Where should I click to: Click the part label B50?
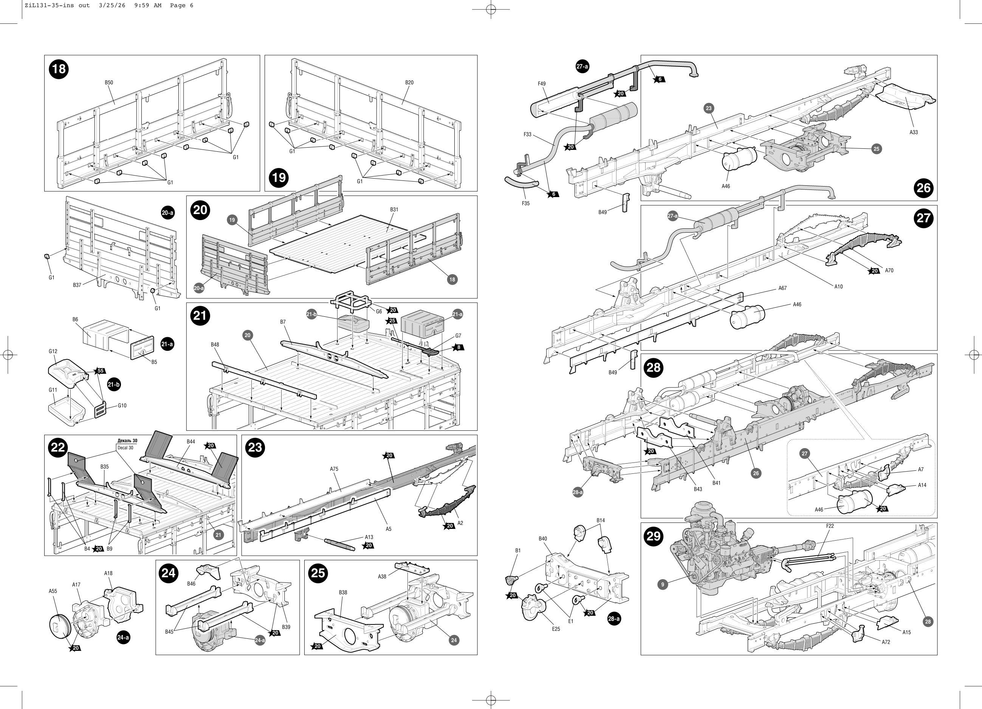point(109,83)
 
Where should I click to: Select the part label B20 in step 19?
point(409,83)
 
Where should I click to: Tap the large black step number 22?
point(58,448)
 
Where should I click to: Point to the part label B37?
point(77,285)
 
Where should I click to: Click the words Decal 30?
point(125,448)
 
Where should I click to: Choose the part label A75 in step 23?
point(334,469)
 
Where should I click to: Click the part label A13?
point(369,537)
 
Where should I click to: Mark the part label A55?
point(53,591)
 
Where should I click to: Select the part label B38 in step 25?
point(343,592)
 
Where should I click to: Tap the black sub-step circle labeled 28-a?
point(614,619)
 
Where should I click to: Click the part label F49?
point(542,84)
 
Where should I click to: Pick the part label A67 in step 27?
point(782,288)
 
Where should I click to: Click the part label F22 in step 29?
point(830,526)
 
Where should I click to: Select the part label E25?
point(556,629)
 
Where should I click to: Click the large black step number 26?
point(923,188)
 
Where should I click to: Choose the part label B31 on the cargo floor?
point(394,210)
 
